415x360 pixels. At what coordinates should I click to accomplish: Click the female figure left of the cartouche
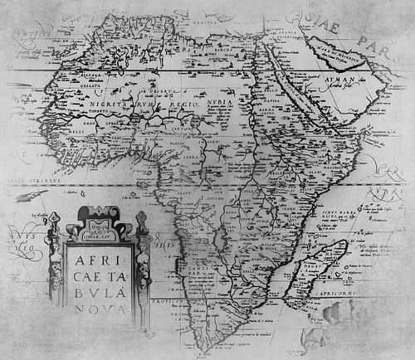(54, 257)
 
